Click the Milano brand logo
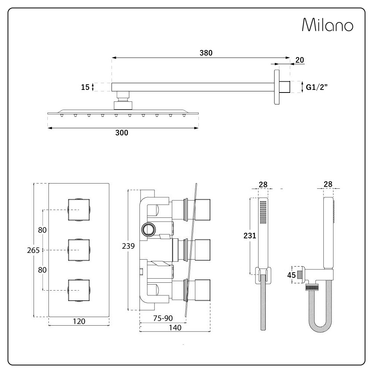click(x=327, y=25)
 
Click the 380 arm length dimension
click(x=206, y=53)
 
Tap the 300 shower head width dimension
click(x=122, y=133)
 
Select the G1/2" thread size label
click(x=317, y=87)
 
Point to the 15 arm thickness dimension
click(x=85, y=87)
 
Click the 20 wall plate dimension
click(x=300, y=60)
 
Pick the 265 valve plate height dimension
click(x=33, y=250)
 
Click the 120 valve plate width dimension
click(x=79, y=322)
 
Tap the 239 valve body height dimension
click(x=128, y=246)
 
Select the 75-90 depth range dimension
click(x=163, y=318)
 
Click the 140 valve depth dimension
click(x=175, y=327)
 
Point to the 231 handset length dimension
click(x=250, y=235)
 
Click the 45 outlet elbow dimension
click(x=291, y=275)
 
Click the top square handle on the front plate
click(x=79, y=210)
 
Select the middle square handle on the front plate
click(x=79, y=250)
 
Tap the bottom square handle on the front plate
click(x=79, y=290)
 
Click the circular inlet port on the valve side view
click(x=149, y=230)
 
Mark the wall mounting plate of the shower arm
click(x=277, y=87)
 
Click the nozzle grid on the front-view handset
click(x=263, y=212)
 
